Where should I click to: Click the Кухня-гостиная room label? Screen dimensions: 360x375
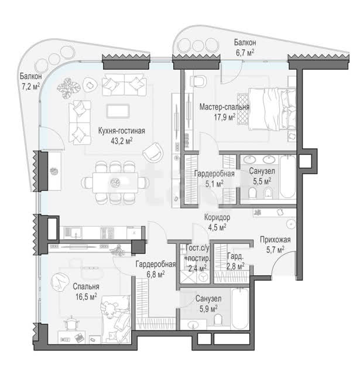[x=122, y=131]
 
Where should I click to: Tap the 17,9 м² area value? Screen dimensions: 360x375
[x=225, y=117]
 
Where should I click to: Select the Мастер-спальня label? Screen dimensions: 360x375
[x=224, y=107]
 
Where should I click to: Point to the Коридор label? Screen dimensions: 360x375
[x=217, y=217]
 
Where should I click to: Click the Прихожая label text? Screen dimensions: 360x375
[x=275, y=240]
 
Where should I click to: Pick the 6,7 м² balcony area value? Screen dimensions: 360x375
[x=245, y=52]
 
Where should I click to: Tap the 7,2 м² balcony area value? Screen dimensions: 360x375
[x=31, y=86]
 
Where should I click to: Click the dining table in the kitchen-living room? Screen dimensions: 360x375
[x=115, y=182]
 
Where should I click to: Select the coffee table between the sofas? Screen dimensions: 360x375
[x=118, y=111]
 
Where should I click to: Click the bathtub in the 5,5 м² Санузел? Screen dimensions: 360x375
[x=287, y=176]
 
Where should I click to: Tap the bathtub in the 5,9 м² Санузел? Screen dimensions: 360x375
[x=241, y=309]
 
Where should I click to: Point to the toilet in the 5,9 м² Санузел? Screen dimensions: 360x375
[x=218, y=319]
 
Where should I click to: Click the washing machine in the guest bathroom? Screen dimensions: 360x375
[x=204, y=277]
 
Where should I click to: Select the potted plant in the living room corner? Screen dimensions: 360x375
[x=69, y=88]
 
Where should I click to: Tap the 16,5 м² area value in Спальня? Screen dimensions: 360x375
[x=86, y=297]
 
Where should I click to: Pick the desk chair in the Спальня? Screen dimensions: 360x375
[x=71, y=323]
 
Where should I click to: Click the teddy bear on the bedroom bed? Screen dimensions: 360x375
[x=109, y=309]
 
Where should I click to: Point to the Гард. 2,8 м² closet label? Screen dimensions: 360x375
[x=235, y=261]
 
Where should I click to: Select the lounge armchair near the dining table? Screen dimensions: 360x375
[x=153, y=152]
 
